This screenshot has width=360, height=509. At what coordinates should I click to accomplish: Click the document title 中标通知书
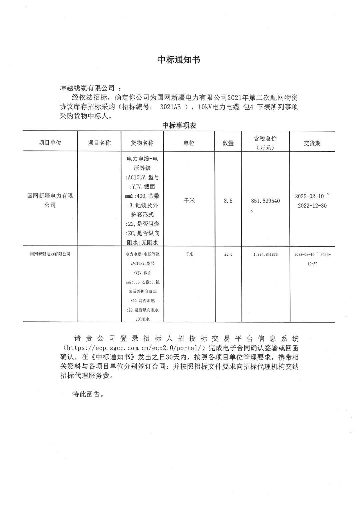(179, 60)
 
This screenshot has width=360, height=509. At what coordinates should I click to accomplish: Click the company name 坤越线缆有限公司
(87, 88)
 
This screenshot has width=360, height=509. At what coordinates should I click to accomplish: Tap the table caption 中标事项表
(179, 125)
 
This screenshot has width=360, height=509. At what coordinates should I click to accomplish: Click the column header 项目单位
(50, 143)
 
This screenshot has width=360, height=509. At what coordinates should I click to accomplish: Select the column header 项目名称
(99, 143)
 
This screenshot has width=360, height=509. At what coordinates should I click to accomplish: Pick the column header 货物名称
(142, 143)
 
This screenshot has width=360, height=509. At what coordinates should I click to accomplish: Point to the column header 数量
(228, 143)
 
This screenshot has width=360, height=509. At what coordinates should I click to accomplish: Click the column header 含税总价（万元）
(265, 143)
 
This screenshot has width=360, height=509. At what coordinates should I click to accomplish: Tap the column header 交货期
(312, 143)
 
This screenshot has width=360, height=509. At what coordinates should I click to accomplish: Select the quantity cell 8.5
(228, 201)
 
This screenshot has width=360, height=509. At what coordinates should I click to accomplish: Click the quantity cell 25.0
(228, 254)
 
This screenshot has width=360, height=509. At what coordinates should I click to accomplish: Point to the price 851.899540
(265, 201)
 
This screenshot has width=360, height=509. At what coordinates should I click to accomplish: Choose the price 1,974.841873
(265, 254)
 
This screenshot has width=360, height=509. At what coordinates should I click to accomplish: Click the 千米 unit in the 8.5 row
(189, 201)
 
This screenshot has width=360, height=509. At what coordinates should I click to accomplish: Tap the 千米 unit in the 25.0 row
(189, 254)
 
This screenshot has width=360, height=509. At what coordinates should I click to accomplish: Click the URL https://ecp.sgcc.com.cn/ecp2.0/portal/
(134, 348)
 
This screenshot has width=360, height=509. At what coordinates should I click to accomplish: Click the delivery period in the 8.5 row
(312, 201)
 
